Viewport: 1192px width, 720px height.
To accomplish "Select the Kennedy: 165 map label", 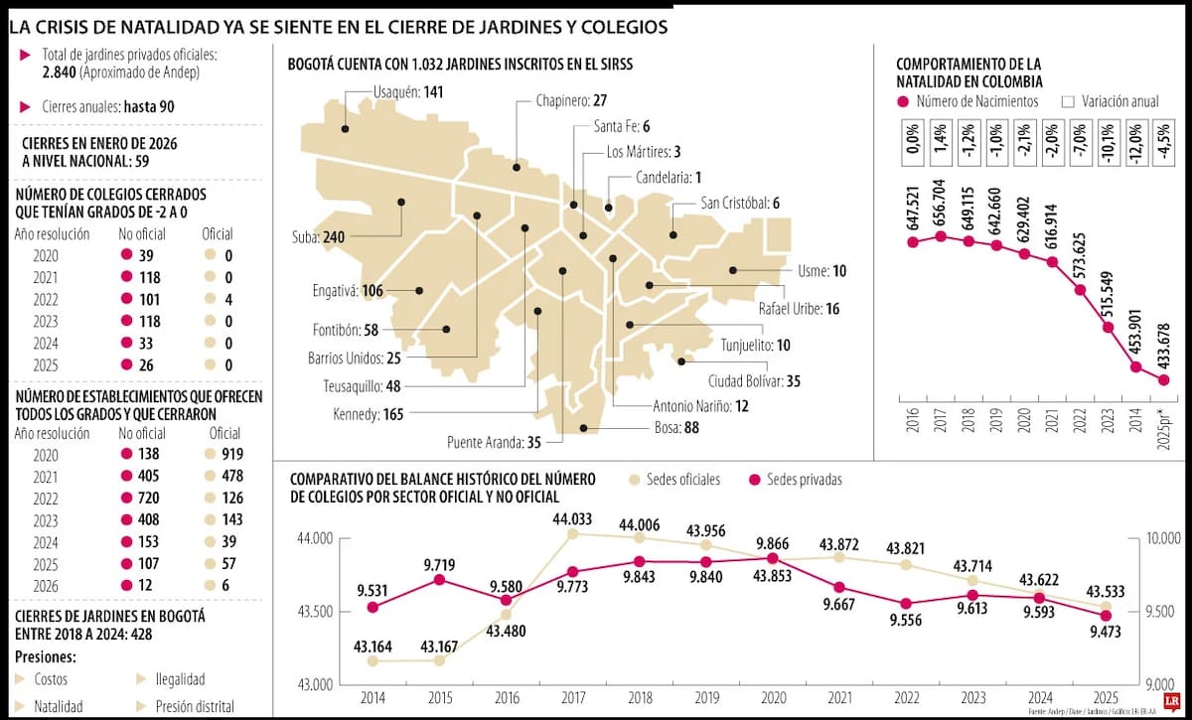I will click(x=365, y=413).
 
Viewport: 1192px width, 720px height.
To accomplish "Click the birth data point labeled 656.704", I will click(x=941, y=236).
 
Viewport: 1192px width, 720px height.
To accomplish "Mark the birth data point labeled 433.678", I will click(x=1164, y=379).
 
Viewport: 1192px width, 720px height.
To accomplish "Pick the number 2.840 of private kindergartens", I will click(x=62, y=73).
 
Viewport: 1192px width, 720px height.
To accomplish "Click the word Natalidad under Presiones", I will click(x=59, y=706).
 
